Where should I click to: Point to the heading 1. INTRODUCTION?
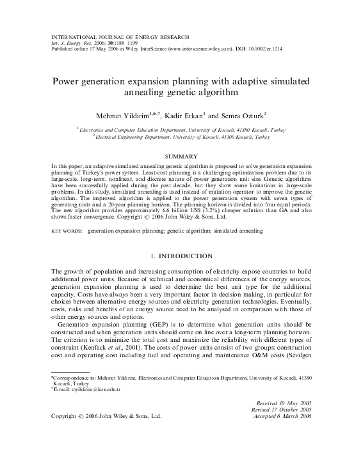click(x=181, y=256)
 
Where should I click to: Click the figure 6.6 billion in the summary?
click(x=172, y=209)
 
